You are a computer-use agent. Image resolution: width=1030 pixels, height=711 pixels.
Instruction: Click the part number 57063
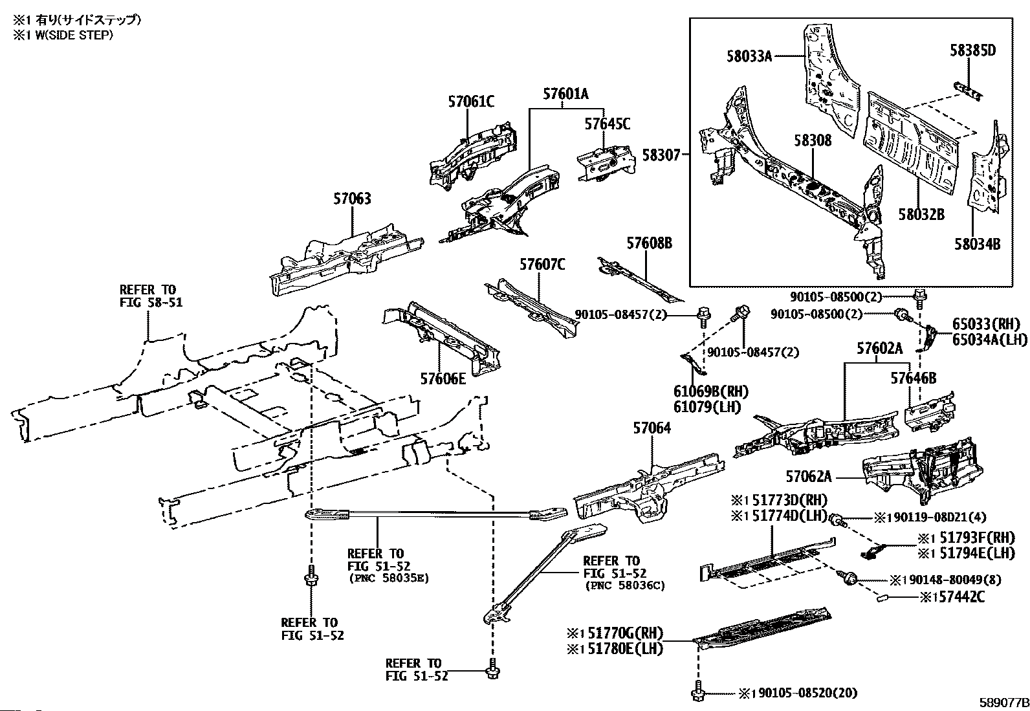(353, 199)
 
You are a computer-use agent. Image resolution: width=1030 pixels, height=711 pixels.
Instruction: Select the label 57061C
(471, 102)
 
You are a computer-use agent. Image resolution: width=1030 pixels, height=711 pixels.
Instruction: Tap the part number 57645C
(607, 124)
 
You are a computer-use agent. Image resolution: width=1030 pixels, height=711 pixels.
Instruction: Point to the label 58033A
(749, 56)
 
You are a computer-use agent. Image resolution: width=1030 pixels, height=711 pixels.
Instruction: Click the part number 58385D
(972, 50)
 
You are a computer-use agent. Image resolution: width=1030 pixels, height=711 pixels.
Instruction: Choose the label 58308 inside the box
(813, 140)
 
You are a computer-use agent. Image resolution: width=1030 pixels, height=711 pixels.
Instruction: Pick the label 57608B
(649, 243)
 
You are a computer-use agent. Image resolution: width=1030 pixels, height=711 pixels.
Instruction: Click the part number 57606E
(443, 379)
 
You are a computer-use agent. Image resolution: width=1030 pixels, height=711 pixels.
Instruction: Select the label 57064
(652, 428)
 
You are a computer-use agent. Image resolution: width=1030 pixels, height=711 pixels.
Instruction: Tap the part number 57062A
(808, 477)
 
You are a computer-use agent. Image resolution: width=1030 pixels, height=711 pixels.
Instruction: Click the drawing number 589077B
(1003, 702)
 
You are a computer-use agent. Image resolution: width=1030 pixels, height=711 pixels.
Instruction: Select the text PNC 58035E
(388, 578)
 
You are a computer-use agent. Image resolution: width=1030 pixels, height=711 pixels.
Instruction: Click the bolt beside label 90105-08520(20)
(697, 693)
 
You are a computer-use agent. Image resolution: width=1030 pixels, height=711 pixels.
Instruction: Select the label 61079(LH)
(707, 407)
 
